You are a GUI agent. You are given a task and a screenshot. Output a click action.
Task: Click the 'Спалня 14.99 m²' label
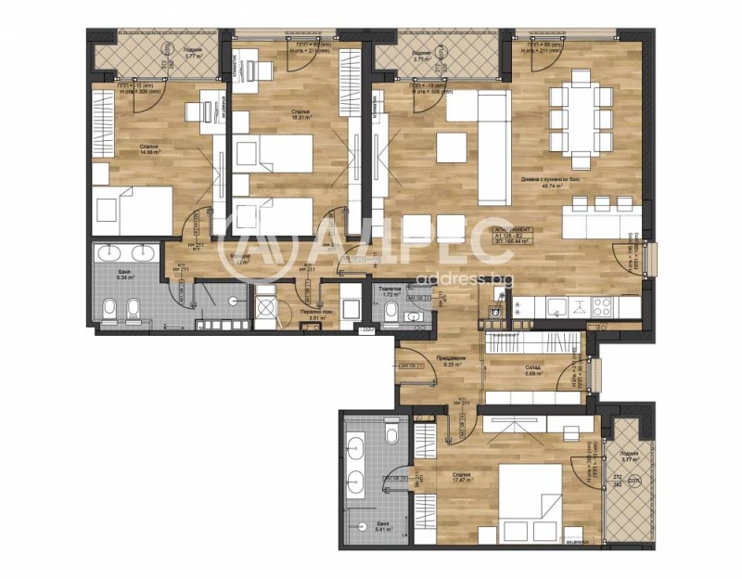pyautogui.click(x=148, y=149)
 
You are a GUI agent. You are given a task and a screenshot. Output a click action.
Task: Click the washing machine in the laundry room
pyautogui.click(x=266, y=305)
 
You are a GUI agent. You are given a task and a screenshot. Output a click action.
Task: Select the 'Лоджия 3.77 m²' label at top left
pyautogui.click(x=193, y=53)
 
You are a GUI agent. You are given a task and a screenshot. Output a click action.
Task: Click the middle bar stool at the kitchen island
pyautogui.click(x=601, y=202)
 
